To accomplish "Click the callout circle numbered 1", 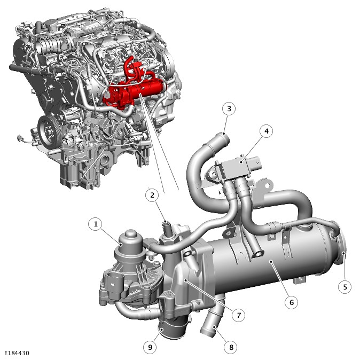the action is pos(95,224).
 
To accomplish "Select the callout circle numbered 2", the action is pos(152,195).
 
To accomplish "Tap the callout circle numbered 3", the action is pos(229,108).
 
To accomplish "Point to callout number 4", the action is pos(267,131).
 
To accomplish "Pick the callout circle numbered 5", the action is pos(345,287).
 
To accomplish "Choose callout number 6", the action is pos(291,302).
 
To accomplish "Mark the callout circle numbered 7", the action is pos(239,315).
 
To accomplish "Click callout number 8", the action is pos(231,347).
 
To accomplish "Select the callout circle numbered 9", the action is pos(150,347).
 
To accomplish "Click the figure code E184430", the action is pos(17,353).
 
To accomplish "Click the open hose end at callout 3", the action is pos(224,138).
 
